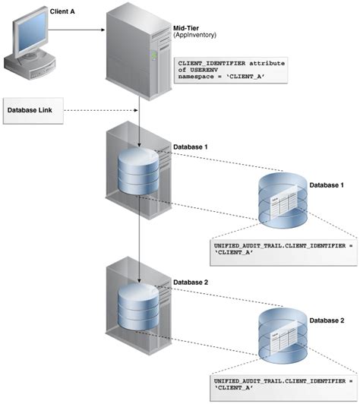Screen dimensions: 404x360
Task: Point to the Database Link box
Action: (33, 110)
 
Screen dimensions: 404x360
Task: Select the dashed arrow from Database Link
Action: (99, 110)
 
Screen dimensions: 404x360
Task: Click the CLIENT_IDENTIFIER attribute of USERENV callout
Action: (230, 70)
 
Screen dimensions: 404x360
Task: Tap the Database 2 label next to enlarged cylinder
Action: (330, 320)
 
